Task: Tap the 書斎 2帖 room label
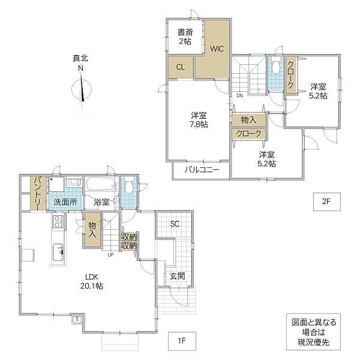[x=184, y=37]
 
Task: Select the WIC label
[x=217, y=49]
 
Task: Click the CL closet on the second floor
[x=180, y=68]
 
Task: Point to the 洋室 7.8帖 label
[x=199, y=119]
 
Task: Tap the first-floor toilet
[x=129, y=187]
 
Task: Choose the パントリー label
[x=37, y=193]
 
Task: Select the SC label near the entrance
[x=175, y=224]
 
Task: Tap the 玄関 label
[x=177, y=276]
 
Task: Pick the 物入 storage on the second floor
[x=249, y=120]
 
